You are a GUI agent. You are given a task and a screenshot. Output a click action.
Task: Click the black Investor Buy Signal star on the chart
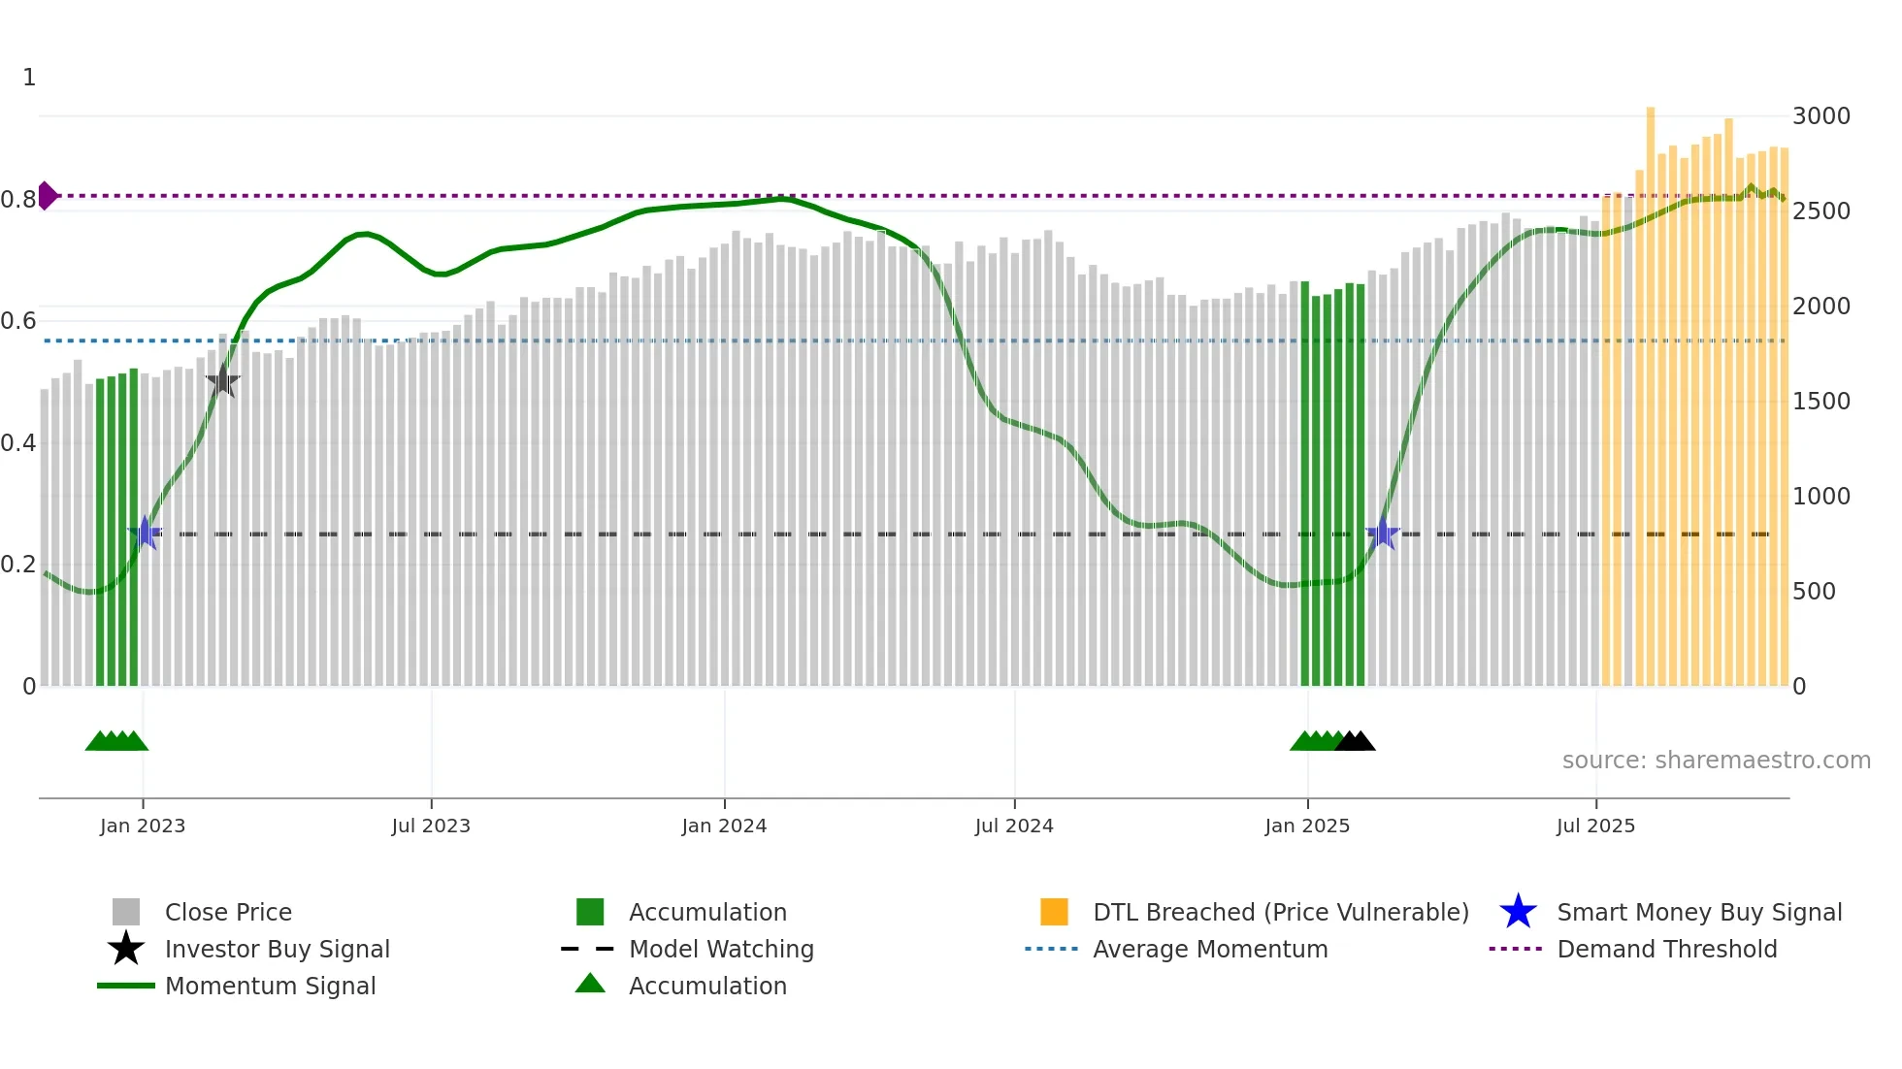(223, 380)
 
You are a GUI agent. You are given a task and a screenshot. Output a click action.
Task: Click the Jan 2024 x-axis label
(724, 826)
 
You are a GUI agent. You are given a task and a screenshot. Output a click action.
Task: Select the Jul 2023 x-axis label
(431, 826)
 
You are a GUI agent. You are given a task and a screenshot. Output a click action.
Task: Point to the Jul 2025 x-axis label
(1595, 826)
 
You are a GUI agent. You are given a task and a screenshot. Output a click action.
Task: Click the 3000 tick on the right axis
(1820, 116)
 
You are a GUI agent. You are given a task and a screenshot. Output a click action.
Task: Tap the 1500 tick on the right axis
(1820, 402)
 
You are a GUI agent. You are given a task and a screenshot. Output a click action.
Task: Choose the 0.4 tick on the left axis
(18, 443)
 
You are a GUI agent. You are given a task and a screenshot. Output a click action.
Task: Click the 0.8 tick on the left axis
(18, 200)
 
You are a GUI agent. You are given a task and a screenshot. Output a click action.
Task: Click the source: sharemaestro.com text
(1716, 761)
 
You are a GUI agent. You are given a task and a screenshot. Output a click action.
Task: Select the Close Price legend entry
(228, 912)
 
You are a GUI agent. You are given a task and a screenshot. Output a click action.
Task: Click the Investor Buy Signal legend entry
(277, 949)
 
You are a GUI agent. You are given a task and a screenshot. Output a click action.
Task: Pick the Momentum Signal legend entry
(270, 986)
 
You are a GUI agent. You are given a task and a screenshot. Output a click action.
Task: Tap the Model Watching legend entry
(721, 949)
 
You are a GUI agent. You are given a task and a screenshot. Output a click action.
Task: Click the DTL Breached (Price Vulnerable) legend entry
(1280, 912)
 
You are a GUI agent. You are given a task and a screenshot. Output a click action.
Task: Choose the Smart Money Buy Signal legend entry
(1698, 912)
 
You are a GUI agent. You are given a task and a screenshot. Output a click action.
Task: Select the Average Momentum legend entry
(1210, 949)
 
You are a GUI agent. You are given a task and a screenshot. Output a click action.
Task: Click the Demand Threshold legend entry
(1666, 949)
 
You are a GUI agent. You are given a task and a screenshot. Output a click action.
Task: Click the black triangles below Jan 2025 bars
(1356, 741)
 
